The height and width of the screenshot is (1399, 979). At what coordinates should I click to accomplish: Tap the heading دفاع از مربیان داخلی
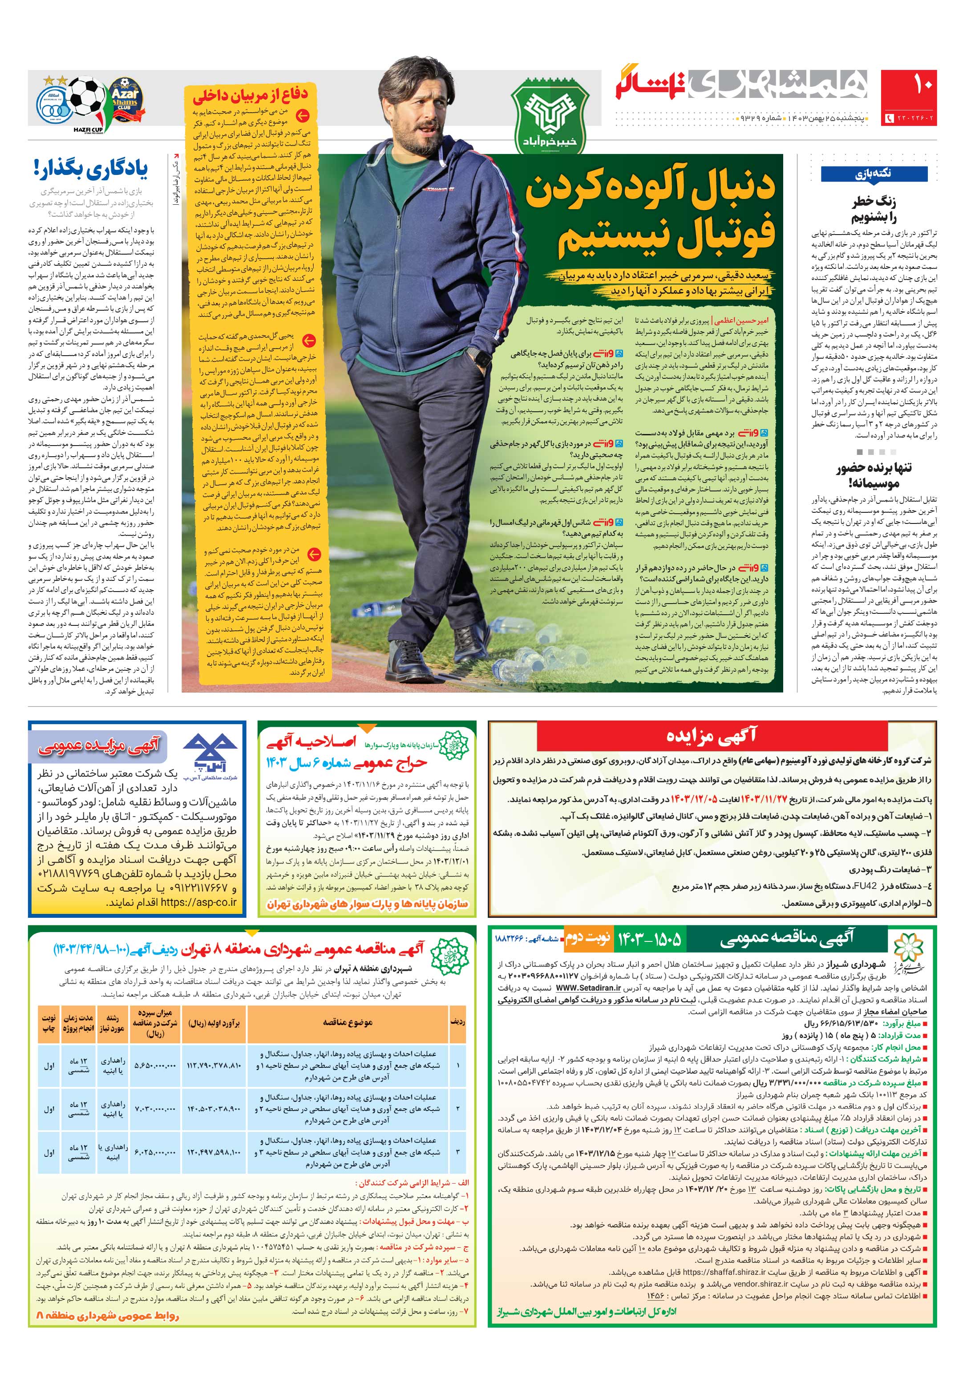(x=251, y=94)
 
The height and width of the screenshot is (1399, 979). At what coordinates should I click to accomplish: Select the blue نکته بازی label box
(x=873, y=174)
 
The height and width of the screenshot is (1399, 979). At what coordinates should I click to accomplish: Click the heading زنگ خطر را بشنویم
(x=874, y=210)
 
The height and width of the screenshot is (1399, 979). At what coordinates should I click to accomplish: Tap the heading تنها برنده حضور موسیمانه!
(x=874, y=476)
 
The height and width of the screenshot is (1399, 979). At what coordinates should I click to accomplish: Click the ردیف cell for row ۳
(x=457, y=1152)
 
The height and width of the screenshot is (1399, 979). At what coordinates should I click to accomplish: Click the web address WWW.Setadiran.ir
(x=588, y=988)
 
